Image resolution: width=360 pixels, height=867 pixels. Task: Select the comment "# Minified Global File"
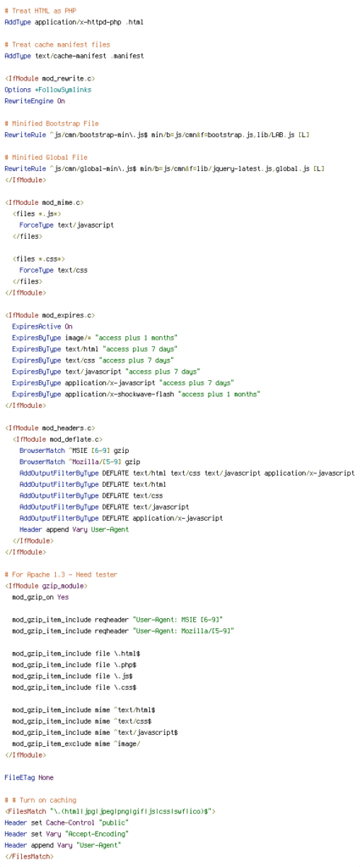click(x=46, y=157)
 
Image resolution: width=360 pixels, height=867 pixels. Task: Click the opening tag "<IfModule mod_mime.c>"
click(x=44, y=202)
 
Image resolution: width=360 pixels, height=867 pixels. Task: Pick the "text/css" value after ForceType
click(x=73, y=270)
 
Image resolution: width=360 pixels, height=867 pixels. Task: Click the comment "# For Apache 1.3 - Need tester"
click(x=61, y=575)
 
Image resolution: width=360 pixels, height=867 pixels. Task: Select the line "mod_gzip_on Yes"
click(x=41, y=597)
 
